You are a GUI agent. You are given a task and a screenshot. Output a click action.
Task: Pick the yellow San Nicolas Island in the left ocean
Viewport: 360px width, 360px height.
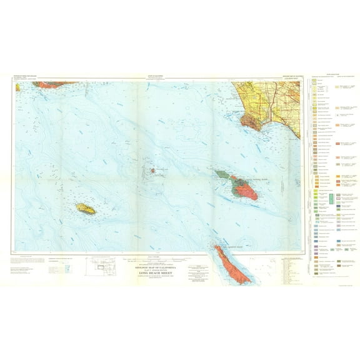coord(85,207)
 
